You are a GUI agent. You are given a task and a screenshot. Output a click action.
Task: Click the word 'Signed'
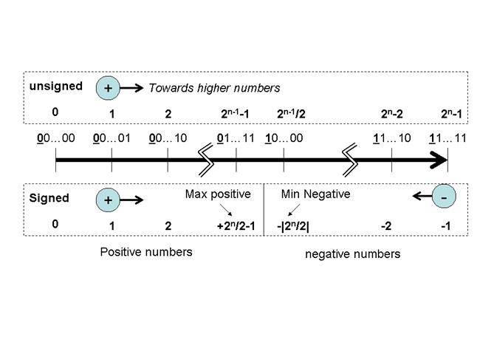49,198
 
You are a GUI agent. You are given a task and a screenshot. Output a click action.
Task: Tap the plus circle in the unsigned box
109,88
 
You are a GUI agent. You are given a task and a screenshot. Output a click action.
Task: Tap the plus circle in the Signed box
109,200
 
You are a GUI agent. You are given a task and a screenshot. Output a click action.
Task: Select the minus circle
443,197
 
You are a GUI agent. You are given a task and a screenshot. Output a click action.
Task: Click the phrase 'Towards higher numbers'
214,88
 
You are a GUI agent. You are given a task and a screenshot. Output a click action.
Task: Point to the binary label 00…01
112,137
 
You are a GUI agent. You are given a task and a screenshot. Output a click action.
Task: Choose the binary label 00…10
168,137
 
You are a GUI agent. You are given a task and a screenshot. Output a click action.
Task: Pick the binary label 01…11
236,137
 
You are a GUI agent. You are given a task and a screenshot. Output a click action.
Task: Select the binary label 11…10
392,137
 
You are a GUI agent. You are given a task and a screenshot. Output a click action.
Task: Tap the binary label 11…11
448,137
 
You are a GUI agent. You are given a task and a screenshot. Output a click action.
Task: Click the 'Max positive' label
218,194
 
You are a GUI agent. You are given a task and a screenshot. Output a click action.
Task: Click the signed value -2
385,225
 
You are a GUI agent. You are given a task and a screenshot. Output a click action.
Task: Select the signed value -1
445,225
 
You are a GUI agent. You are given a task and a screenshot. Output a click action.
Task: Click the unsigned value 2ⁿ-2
393,114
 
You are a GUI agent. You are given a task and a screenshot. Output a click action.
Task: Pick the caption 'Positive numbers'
146,252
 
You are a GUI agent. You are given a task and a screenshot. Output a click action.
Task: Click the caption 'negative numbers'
352,254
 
